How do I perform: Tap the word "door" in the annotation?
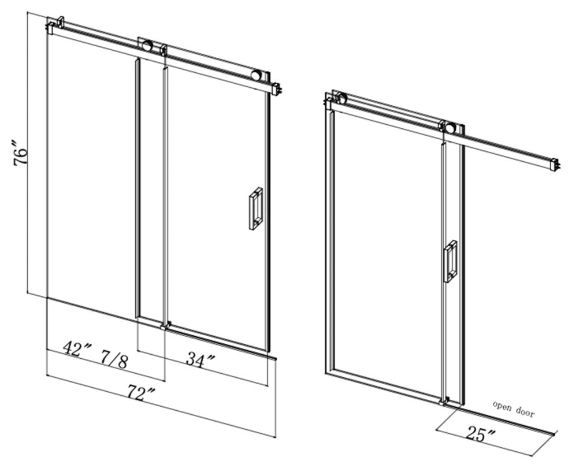[525, 413]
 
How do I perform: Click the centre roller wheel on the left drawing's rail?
[148, 46]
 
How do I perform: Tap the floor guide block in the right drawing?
[445, 400]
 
